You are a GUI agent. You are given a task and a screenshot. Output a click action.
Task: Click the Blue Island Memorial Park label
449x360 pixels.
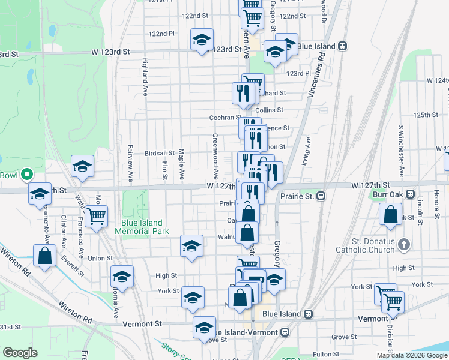point(142,227)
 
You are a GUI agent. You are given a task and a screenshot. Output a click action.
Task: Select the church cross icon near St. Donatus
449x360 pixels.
point(404,244)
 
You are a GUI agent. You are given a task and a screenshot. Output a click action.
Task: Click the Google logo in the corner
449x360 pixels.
point(20,353)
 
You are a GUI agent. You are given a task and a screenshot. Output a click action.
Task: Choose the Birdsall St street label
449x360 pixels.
point(159,154)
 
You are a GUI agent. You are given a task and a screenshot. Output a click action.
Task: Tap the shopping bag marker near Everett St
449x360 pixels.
point(45,256)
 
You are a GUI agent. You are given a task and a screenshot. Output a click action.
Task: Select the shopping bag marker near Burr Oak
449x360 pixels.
point(390,214)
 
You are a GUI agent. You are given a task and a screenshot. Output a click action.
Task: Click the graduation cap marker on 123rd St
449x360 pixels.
point(201,40)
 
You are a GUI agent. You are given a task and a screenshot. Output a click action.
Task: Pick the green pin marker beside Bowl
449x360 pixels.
point(26,175)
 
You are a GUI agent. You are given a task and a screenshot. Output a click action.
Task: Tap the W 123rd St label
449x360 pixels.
point(109,52)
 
